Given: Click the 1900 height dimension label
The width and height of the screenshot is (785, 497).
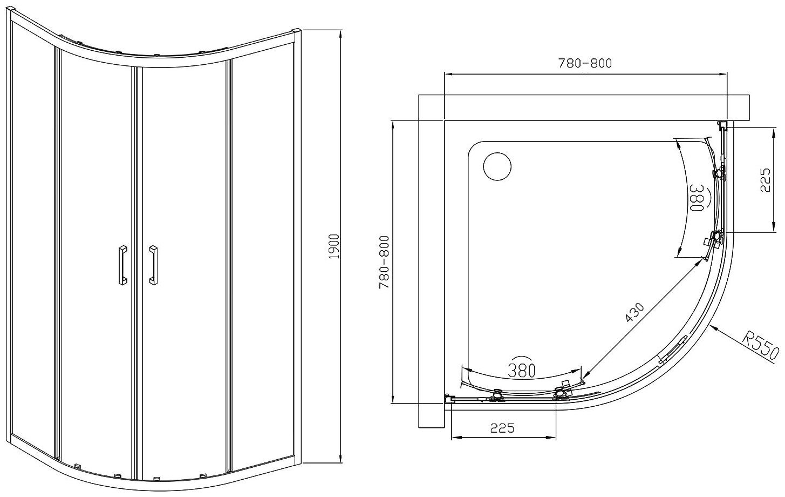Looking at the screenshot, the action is pyautogui.click(x=334, y=247).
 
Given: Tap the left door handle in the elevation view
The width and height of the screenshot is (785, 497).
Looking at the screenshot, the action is pyautogui.click(x=122, y=264).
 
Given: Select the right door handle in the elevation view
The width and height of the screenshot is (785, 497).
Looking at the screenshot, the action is pyautogui.click(x=154, y=264).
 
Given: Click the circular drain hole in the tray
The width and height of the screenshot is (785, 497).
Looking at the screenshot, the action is pyautogui.click(x=497, y=166).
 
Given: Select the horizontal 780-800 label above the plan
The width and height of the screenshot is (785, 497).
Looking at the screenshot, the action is pyautogui.click(x=585, y=63).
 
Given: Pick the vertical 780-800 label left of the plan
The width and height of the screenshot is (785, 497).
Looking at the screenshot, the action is pyautogui.click(x=384, y=262).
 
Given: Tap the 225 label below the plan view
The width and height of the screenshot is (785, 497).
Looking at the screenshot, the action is pyautogui.click(x=502, y=428).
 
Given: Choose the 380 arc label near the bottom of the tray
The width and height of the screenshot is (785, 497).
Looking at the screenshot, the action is pyautogui.click(x=522, y=371).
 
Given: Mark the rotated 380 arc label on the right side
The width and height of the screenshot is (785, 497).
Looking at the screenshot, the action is pyautogui.click(x=697, y=198).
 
